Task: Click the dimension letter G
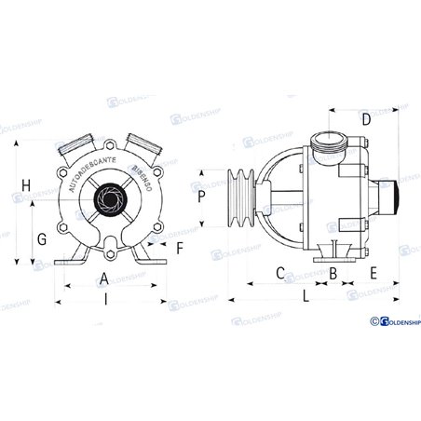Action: (x=41, y=239)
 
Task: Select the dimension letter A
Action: (x=103, y=278)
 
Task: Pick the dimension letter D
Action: (x=365, y=119)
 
